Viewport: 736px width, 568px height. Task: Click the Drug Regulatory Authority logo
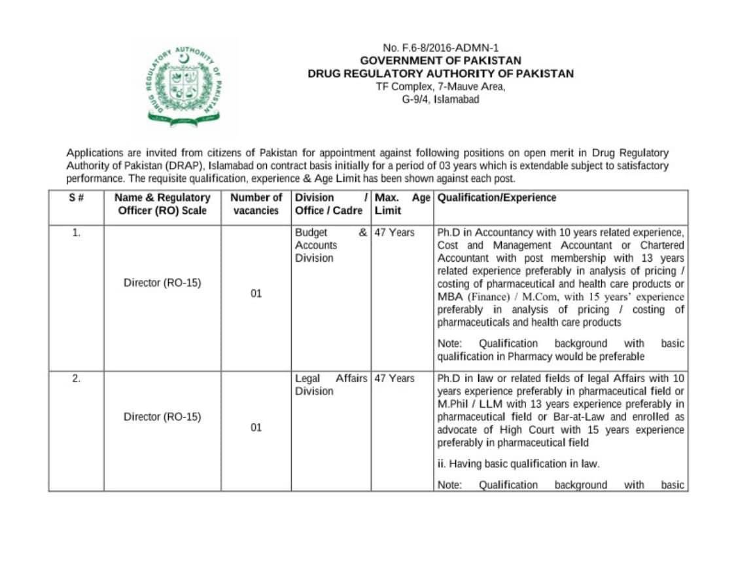[x=184, y=85]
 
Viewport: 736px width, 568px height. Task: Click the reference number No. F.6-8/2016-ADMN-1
[x=440, y=48]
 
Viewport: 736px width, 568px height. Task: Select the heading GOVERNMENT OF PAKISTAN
[x=440, y=61]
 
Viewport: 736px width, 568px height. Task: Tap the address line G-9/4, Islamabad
[x=440, y=99]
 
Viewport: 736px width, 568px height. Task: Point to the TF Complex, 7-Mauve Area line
[x=440, y=86]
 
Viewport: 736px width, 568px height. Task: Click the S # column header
[x=76, y=198]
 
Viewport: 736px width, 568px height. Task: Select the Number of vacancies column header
[x=256, y=204]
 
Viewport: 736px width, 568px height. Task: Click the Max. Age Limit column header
[x=402, y=204]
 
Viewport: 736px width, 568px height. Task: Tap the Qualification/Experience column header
[x=497, y=198]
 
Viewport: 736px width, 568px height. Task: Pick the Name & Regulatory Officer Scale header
[x=162, y=204]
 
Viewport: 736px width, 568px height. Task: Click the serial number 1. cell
[x=76, y=233]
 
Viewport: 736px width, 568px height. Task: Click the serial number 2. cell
[x=76, y=379]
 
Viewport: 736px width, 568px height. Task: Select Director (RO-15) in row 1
[x=162, y=283]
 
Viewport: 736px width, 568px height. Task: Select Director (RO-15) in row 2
[x=162, y=417]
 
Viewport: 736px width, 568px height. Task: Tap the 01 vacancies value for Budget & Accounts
[x=256, y=294]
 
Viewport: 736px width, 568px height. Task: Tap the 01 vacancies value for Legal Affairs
[x=256, y=427]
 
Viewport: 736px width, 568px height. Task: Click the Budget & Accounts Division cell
[x=330, y=245]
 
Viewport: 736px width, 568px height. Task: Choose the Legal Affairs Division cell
[x=330, y=385]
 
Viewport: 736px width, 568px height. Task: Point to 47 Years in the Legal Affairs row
[x=394, y=379]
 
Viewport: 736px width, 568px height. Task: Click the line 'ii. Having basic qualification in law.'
[x=518, y=464]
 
